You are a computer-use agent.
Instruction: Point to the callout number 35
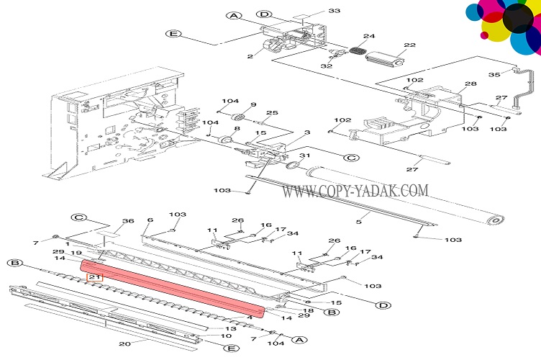point(494,73)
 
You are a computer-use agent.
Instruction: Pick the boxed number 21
point(95,276)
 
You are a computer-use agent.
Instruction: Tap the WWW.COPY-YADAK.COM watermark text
point(355,191)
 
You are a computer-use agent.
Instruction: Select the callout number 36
point(128,220)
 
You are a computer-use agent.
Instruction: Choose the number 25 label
point(272,113)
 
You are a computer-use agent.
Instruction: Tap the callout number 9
point(253,105)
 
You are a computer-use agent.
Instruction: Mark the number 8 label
point(237,128)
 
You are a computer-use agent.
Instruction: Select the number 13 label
point(232,328)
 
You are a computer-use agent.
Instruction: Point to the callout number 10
point(225,336)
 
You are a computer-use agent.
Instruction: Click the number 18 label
point(309,310)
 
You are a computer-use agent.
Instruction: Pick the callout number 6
point(150,220)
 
